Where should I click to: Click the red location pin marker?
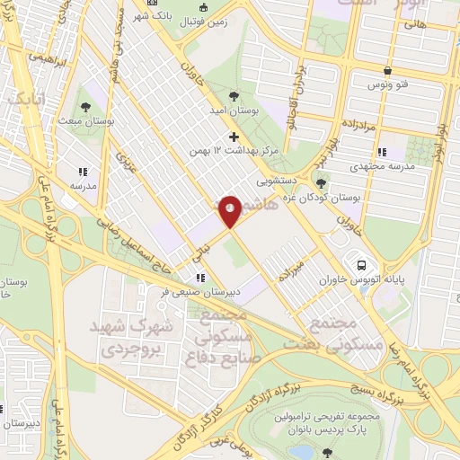tap(230, 210)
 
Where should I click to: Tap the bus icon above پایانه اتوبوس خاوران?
tap(361, 266)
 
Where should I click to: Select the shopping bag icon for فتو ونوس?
tap(386, 69)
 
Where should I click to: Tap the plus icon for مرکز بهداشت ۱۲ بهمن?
tap(234, 137)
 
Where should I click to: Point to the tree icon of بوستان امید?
tap(234, 95)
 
